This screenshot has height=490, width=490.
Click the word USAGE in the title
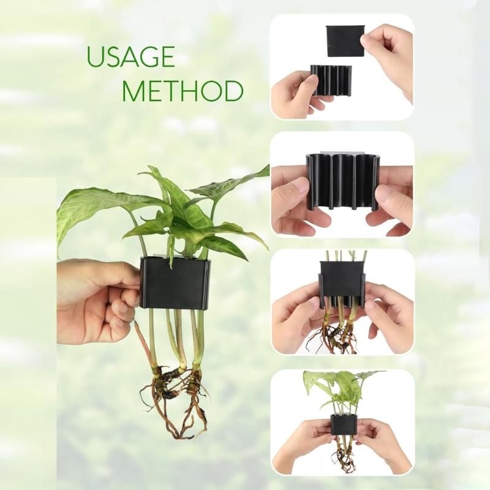130,57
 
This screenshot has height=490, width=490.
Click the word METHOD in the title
182,91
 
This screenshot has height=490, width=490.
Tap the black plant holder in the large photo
175,283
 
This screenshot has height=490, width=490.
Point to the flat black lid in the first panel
345,41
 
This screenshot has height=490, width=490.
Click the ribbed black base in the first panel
331,80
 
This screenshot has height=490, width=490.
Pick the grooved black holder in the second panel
342,181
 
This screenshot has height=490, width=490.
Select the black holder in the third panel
342,279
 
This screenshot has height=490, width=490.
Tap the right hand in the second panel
392,199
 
